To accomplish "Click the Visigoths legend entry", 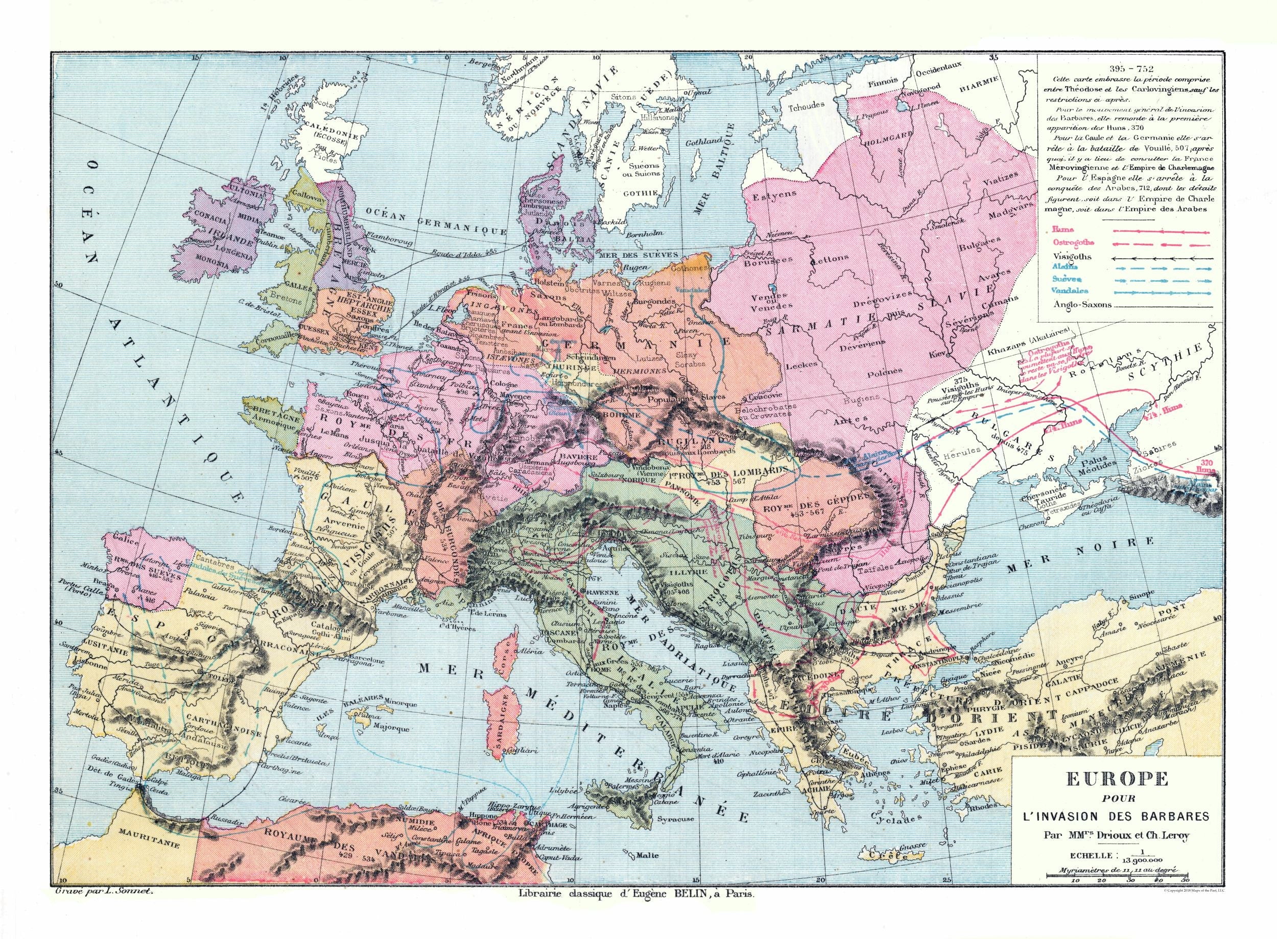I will point(1072,256).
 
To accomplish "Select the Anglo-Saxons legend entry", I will point(1077,305).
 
